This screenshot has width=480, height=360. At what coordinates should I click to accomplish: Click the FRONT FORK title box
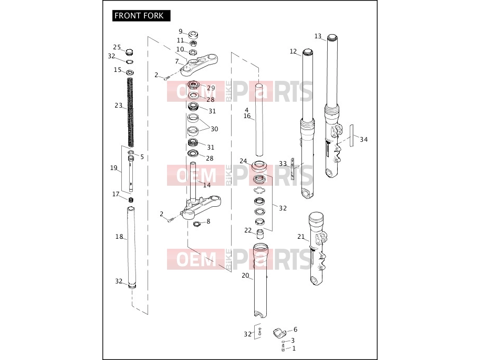[x=141, y=16]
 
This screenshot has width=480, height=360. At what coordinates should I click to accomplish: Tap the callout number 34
[x=363, y=140]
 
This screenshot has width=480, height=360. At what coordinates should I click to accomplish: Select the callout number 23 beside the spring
[x=119, y=105]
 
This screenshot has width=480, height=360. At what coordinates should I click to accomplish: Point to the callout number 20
[x=245, y=276]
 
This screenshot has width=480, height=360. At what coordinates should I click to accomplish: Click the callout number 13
[x=318, y=36]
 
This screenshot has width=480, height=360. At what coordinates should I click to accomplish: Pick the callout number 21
[x=301, y=237]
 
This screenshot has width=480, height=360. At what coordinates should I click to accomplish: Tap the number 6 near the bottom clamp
[x=296, y=330]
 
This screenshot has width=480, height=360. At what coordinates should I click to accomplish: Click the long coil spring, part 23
[x=130, y=112]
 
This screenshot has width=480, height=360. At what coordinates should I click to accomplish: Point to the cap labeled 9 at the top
[x=193, y=34]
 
